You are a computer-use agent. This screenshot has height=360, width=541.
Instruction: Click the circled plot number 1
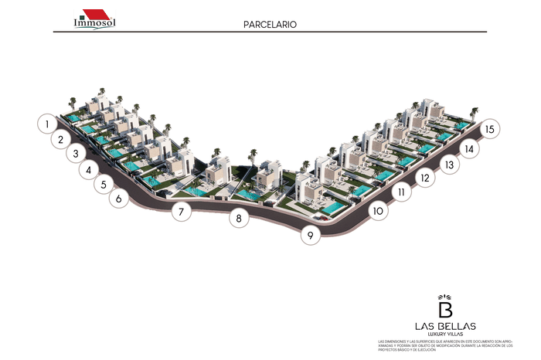[x=47, y=123]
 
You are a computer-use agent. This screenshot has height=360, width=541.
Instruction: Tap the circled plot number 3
[x=76, y=154]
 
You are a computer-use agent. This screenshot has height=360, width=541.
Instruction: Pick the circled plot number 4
[x=90, y=170]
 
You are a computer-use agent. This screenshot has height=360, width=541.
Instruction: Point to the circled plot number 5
[x=104, y=185]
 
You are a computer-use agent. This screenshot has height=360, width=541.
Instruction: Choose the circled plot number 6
[x=118, y=199]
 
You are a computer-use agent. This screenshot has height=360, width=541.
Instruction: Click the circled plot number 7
[x=181, y=211]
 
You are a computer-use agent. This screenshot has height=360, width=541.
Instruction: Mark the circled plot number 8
[x=240, y=219]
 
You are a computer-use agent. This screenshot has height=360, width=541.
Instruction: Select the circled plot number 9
[x=310, y=235]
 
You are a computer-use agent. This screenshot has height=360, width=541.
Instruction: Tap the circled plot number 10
[x=377, y=210]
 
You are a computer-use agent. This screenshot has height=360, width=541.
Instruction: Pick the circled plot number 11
[x=400, y=192]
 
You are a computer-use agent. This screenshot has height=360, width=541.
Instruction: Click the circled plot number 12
[x=423, y=178]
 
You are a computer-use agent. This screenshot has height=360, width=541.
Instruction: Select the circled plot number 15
[x=490, y=130]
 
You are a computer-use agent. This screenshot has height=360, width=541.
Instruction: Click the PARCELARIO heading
[x=270, y=24]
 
